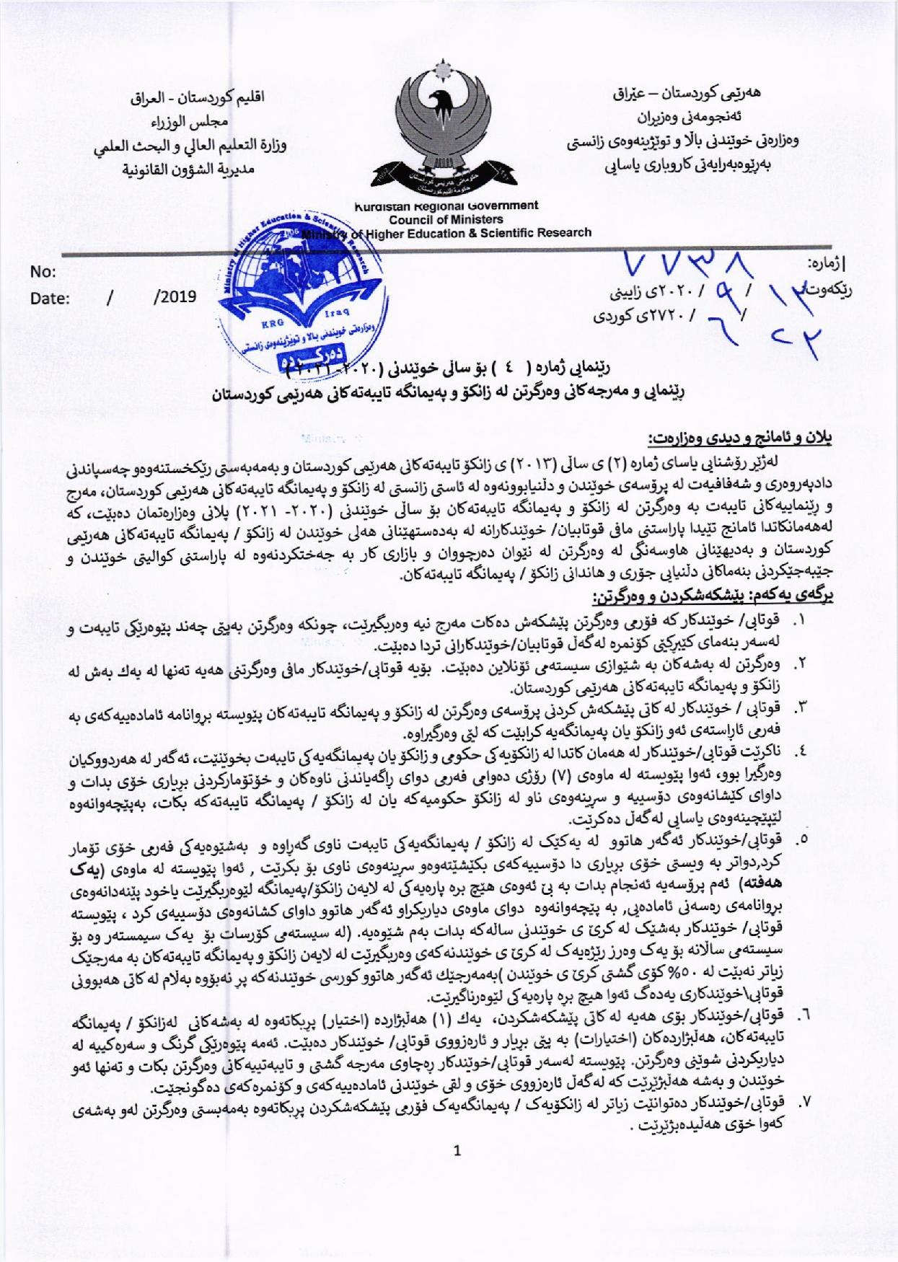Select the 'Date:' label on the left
[50, 299]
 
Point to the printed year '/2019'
[175, 298]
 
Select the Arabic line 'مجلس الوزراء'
[191, 122]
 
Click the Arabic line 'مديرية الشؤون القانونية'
[191, 171]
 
